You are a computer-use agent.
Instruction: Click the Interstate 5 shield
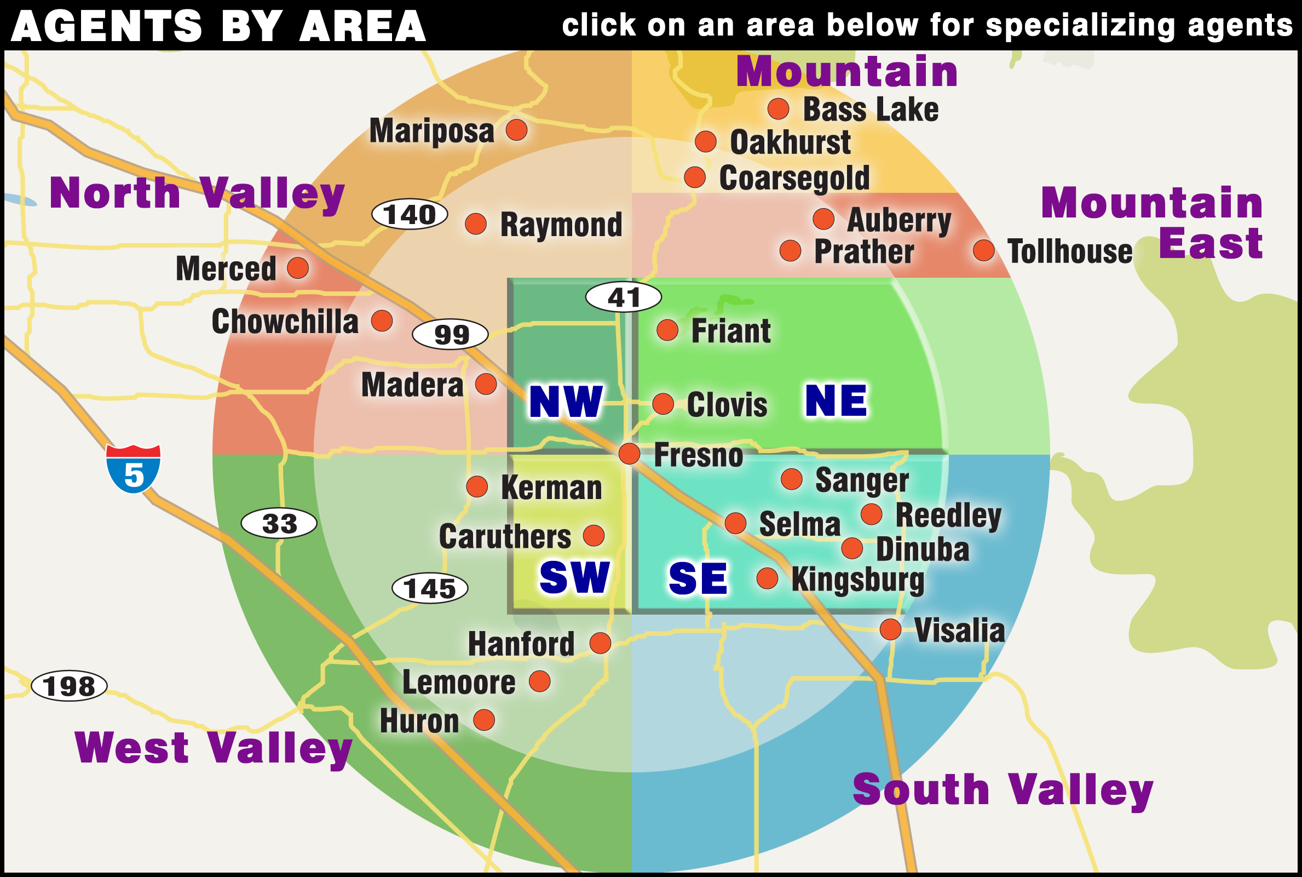point(133,469)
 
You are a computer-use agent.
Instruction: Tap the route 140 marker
point(410,214)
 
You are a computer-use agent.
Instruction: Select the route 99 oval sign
point(450,335)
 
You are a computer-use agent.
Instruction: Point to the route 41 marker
point(623,297)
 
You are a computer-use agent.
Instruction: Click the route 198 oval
point(69,686)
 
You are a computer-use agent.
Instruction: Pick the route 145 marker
point(430,588)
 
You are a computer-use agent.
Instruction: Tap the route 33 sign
point(279,524)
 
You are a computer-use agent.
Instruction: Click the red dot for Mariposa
point(516,130)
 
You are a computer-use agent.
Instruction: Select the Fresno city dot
point(630,453)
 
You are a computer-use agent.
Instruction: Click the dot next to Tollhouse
point(983,250)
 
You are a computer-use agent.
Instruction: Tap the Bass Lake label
point(871,109)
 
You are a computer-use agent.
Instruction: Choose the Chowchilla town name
point(285,322)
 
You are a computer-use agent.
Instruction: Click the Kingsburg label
point(857,580)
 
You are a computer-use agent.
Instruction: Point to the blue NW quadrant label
point(566,402)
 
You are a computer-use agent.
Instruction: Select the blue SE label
point(698,578)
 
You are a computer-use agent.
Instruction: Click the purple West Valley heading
point(214,748)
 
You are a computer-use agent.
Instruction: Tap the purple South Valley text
point(1003,790)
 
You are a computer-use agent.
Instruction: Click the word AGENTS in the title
point(106,26)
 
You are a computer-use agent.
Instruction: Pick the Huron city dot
point(484,720)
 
